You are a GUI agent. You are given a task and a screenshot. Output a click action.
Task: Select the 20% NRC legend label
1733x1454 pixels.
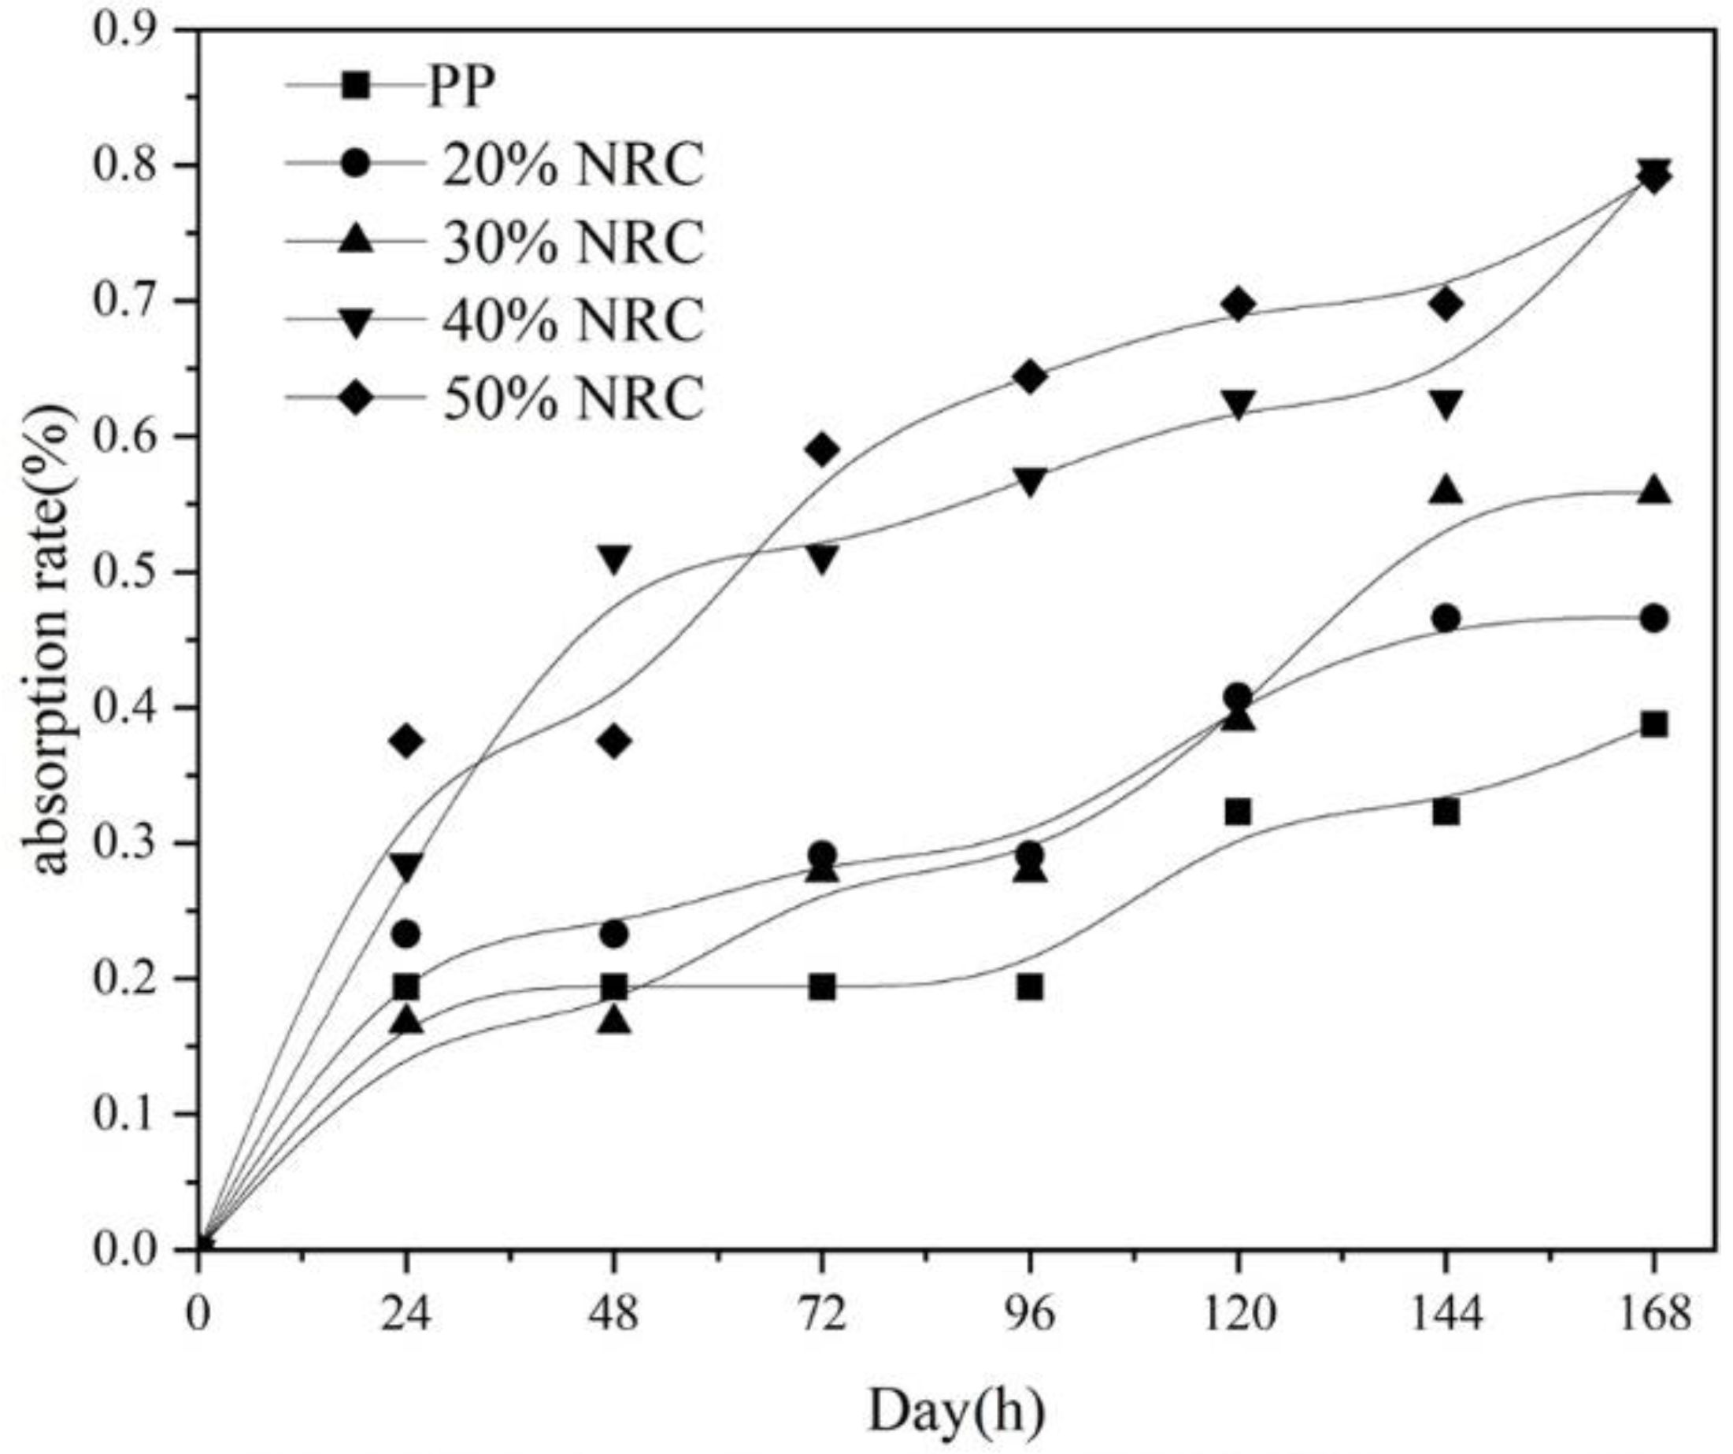(x=572, y=165)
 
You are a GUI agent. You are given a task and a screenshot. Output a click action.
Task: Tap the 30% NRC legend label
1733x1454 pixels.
(x=572, y=242)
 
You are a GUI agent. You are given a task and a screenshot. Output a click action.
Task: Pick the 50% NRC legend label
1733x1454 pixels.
(x=572, y=398)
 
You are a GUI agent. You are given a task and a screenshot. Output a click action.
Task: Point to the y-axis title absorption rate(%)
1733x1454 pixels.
(x=51, y=639)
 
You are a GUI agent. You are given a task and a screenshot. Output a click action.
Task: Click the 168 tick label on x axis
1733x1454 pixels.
(x=1653, y=1314)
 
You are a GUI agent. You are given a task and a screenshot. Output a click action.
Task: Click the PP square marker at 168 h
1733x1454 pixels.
(x=1653, y=725)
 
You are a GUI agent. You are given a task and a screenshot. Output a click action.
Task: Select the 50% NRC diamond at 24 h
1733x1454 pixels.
(x=406, y=741)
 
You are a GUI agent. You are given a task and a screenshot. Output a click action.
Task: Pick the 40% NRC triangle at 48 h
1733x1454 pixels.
(x=614, y=558)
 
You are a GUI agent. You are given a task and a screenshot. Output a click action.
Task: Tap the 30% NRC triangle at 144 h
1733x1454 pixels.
(x=1446, y=490)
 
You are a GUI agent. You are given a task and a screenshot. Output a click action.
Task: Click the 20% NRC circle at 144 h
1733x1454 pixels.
(x=1446, y=618)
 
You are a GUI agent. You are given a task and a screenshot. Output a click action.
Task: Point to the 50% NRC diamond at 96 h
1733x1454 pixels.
(x=1030, y=377)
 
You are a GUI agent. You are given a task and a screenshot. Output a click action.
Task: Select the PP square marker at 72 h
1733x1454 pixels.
(x=822, y=987)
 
